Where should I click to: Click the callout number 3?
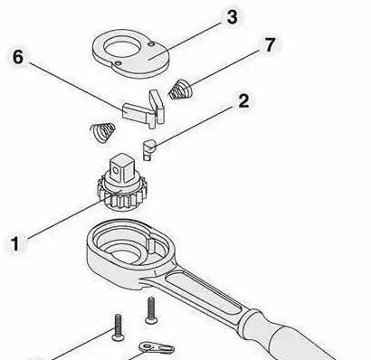click(x=232, y=16)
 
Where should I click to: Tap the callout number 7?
click(x=270, y=44)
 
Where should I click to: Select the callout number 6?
click(x=18, y=57)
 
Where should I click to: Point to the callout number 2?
click(x=243, y=100)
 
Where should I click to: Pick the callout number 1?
click(x=15, y=243)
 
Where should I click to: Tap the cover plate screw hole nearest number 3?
click(x=152, y=44)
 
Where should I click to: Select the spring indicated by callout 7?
click(x=180, y=90)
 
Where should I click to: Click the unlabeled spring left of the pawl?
click(x=102, y=133)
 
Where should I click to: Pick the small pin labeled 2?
click(x=148, y=149)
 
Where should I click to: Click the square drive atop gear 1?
click(x=121, y=168)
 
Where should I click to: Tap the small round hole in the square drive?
click(x=115, y=171)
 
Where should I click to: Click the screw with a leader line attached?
click(x=118, y=327)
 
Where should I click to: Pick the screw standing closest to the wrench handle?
click(x=151, y=310)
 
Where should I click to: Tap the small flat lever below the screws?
click(x=157, y=347)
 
